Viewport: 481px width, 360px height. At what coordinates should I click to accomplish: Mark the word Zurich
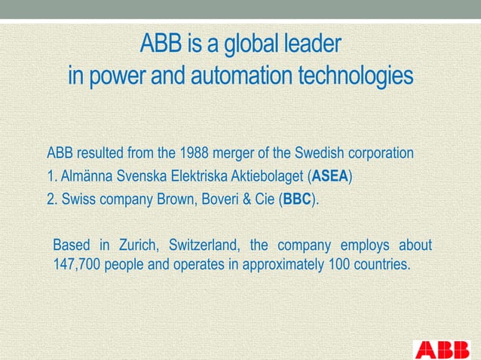coord(138,246)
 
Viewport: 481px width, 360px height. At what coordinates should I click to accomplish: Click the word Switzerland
coord(204,246)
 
